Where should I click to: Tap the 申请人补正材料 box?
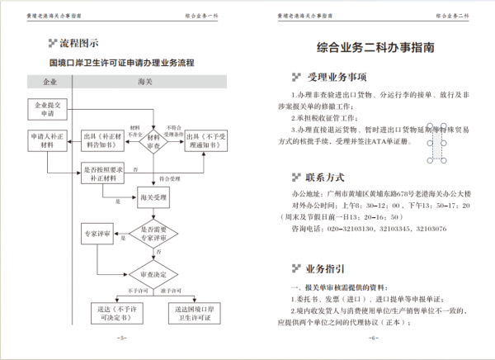[x=47, y=140]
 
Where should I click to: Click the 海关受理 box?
[x=153, y=198]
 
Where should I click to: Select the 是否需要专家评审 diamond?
[x=153, y=234]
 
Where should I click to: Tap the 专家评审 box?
[x=101, y=234]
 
